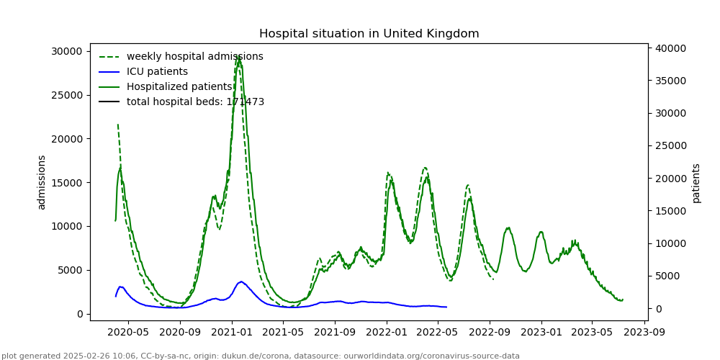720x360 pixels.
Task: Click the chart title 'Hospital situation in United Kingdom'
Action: coord(369,34)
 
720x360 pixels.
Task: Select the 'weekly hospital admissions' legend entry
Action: coord(194,57)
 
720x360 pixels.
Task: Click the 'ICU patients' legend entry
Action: coord(157,72)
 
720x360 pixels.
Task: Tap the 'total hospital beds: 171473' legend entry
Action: coord(195,102)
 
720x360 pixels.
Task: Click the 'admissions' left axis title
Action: coord(42,182)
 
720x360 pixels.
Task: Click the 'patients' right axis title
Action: coord(696,182)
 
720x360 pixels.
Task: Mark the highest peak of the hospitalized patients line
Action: coord(238,58)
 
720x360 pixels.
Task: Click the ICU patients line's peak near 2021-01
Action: coord(241,282)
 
